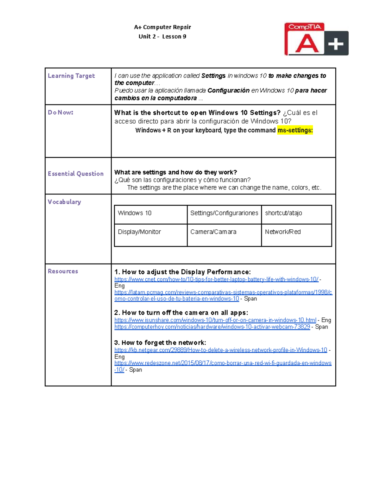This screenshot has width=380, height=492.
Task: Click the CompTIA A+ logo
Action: click(316, 39)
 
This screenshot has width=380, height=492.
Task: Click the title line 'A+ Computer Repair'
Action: click(162, 27)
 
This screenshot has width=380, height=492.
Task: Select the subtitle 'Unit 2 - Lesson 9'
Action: click(162, 36)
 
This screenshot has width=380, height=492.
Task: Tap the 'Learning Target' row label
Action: click(71, 76)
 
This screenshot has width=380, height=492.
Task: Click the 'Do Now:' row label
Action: click(60, 112)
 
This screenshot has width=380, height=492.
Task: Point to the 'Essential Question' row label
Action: click(76, 174)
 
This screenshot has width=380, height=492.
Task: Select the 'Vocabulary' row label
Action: click(64, 202)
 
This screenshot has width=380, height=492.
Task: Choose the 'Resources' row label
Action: click(63, 271)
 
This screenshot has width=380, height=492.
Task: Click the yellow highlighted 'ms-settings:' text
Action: click(295, 130)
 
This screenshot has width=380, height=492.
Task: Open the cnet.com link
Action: click(216, 279)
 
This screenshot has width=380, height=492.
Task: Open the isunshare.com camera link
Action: click(215, 320)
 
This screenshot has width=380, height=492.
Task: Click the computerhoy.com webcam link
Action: click(212, 327)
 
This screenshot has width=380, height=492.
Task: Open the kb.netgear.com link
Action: click(221, 350)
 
